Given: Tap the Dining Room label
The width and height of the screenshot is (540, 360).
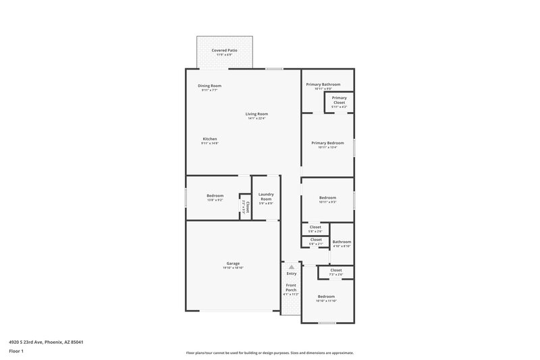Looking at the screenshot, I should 209,87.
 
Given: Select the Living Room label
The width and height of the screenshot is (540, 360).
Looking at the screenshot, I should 256,115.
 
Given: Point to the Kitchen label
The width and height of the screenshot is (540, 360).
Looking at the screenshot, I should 209,140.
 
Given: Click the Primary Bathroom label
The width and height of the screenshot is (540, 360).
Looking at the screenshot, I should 323,86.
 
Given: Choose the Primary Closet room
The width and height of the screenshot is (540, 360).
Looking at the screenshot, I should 339,102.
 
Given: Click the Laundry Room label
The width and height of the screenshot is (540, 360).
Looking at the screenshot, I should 265,197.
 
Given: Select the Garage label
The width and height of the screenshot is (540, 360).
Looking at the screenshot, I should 233,265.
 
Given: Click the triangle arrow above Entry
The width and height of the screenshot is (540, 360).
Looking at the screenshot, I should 291,267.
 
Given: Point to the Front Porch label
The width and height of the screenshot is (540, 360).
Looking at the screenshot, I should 291,289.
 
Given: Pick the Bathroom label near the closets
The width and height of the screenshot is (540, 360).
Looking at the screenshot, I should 342,243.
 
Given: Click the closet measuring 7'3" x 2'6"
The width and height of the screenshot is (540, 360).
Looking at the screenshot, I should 335,272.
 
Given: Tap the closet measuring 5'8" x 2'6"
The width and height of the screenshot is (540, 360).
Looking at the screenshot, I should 315,229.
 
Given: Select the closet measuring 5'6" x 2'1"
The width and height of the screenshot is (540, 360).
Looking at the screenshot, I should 315,241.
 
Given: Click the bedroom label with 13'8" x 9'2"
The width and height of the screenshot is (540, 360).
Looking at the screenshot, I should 215,197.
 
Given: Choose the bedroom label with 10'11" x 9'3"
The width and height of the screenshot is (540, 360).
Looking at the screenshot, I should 327,199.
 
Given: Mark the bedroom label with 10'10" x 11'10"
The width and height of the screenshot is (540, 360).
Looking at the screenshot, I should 326,298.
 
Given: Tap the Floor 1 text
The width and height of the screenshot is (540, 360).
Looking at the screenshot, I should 16,352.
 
